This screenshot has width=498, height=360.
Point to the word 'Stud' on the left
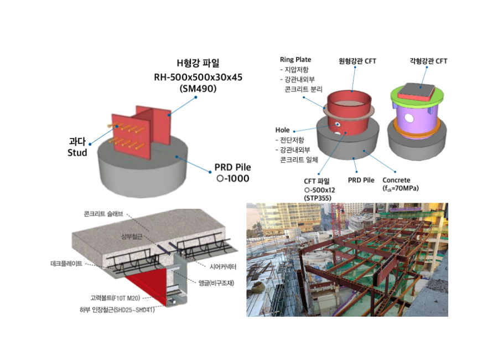pyautogui.click(x=77, y=152)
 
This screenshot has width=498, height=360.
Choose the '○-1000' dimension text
pyautogui.click(x=232, y=178)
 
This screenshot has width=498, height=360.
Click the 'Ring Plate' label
pyautogui.click(x=295, y=59)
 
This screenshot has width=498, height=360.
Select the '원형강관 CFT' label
pyautogui.click(x=357, y=61)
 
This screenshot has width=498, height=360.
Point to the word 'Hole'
pyautogui.click(x=283, y=130)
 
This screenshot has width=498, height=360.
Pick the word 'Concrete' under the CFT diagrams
pyautogui.click(x=396, y=180)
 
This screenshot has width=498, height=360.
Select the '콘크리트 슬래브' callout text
pyautogui.click(x=103, y=213)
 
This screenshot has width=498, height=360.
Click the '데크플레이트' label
pyautogui.click(x=66, y=264)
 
